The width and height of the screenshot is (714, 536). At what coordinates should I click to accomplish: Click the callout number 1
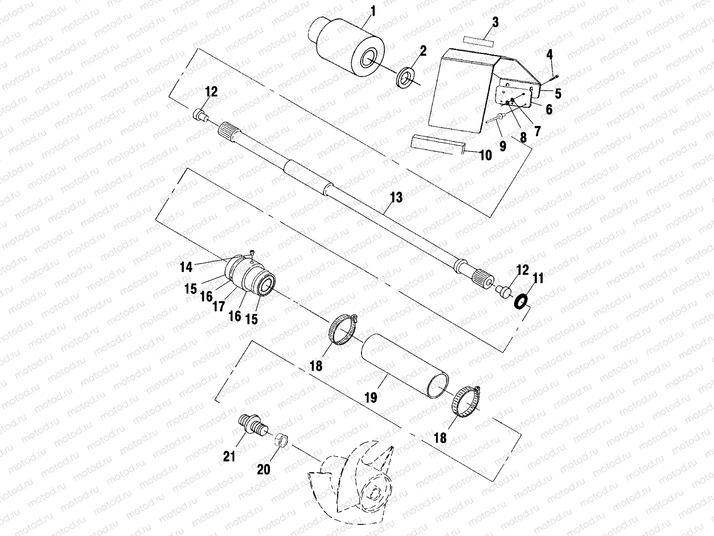(372, 11)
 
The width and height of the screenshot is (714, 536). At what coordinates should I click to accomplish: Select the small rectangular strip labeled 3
(478, 40)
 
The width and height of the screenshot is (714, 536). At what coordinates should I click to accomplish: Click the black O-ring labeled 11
(520, 302)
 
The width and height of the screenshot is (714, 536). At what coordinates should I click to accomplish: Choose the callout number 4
(550, 54)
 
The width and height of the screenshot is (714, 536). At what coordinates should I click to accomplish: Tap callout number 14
(187, 267)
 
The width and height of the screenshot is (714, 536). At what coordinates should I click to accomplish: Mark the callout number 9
(503, 146)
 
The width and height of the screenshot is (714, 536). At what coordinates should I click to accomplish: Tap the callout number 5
(558, 93)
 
